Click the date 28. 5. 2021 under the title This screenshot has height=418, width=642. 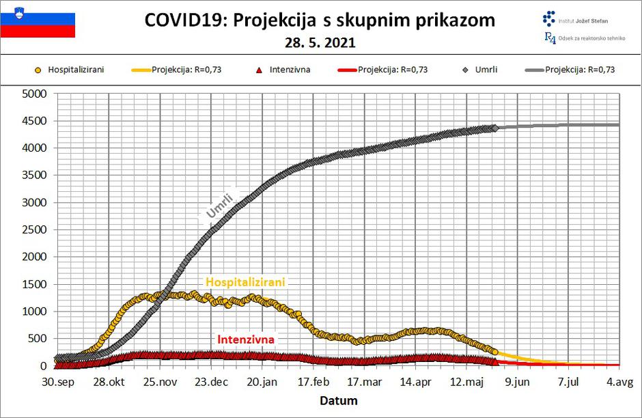[x=320, y=43]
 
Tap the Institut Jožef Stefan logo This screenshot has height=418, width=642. [x=574, y=20]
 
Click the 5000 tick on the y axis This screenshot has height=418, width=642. [x=33, y=94]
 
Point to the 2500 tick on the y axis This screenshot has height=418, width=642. [x=33, y=229]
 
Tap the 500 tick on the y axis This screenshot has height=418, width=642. [x=36, y=339]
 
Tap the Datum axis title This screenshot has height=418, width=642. [x=338, y=400]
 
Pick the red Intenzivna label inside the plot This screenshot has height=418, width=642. [x=246, y=339]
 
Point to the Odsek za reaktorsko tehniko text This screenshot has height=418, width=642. [x=591, y=38]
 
